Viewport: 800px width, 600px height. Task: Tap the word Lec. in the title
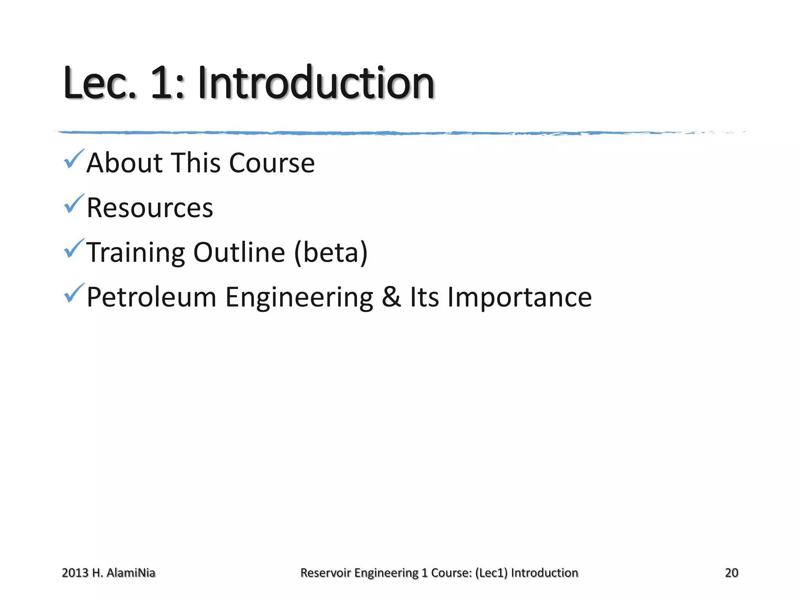pyautogui.click(x=100, y=83)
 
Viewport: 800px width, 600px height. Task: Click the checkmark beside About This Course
pyautogui.click(x=73, y=159)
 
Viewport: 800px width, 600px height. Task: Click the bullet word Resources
pyautogui.click(x=150, y=207)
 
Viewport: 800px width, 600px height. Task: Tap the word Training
pyautogui.click(x=135, y=252)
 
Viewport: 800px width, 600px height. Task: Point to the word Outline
pyautogui.click(x=239, y=252)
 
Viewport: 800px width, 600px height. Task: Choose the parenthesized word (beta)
pyautogui.click(x=331, y=252)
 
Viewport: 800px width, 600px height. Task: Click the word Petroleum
pyautogui.click(x=151, y=297)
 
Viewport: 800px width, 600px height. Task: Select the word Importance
pyautogui.click(x=520, y=298)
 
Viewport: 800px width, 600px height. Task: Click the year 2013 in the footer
pyautogui.click(x=75, y=573)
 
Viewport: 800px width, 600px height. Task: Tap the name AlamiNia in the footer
pyautogui.click(x=131, y=573)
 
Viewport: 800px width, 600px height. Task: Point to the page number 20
pyautogui.click(x=731, y=573)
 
